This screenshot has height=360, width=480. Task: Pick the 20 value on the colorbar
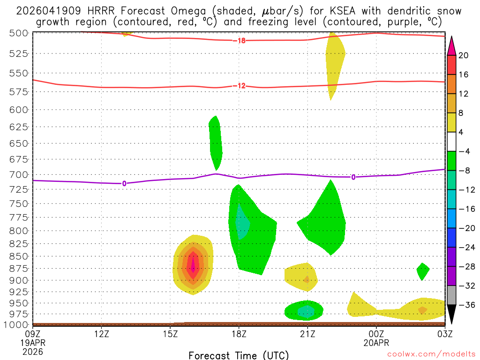coord(464,55)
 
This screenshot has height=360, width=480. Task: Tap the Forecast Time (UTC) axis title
coord(239,355)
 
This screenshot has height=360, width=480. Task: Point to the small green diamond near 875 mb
coord(423,271)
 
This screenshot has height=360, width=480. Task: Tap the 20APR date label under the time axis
coord(376,343)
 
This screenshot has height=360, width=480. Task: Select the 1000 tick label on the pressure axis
coord(19,324)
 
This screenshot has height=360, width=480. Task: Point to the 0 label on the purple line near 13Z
coord(124,183)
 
